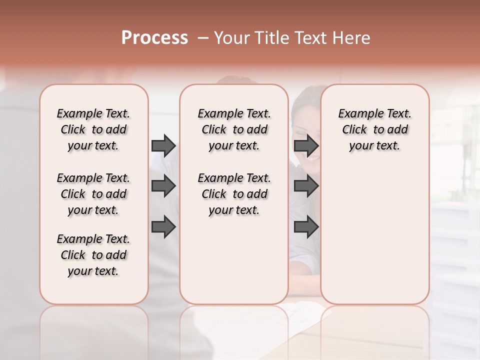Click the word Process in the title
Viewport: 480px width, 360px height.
point(154,38)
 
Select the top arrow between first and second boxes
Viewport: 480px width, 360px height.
point(163,145)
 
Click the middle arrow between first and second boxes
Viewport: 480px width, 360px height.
point(163,186)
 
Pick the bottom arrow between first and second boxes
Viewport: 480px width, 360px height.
point(163,227)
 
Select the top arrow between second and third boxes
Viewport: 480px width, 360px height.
point(306,145)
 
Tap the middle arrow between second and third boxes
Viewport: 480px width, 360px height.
point(306,186)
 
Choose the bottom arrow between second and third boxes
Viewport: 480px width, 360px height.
point(306,227)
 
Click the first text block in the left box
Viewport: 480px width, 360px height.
point(93,129)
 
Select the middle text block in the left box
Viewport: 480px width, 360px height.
point(93,194)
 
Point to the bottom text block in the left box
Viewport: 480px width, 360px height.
point(93,255)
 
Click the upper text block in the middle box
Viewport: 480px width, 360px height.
point(234,129)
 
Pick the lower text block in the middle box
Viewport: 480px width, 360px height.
point(234,194)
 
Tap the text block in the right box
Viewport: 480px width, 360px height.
point(375,129)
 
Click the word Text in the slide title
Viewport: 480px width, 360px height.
point(309,38)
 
